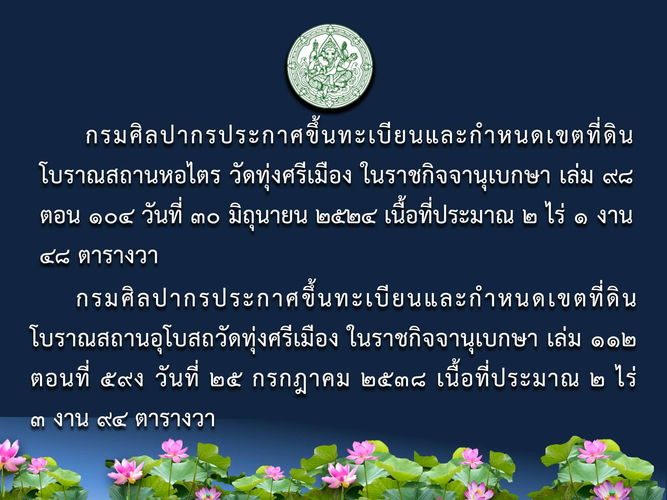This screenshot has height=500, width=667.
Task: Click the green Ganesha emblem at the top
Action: pos(330,66)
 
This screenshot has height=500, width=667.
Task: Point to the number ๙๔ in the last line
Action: pos(112,420)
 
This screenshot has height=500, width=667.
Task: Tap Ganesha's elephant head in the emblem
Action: pos(330,52)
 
